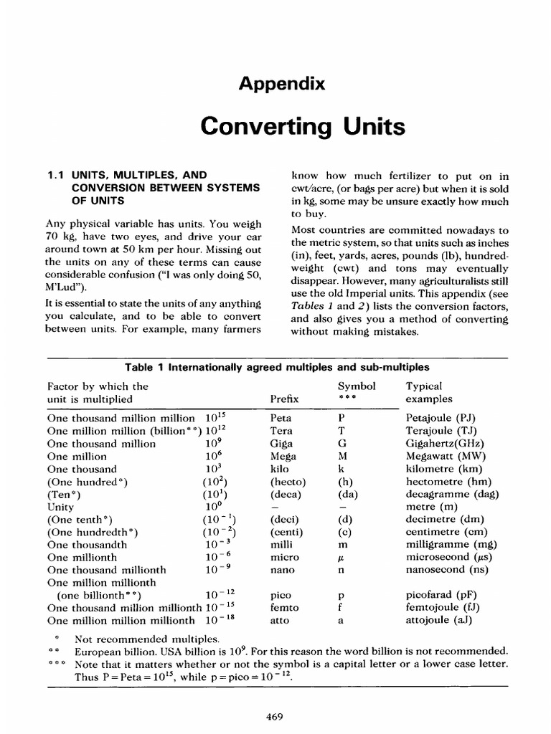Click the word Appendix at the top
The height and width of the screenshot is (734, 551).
[x=283, y=84]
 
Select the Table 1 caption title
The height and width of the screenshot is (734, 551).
[x=278, y=367]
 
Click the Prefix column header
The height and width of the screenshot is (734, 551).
[x=284, y=399]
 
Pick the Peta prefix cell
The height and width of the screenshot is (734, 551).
[x=281, y=418]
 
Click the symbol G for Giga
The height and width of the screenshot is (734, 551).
[x=342, y=444]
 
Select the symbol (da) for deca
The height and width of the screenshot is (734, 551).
[x=348, y=495]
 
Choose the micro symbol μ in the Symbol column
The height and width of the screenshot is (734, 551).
[x=342, y=558]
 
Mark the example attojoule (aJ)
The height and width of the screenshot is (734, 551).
[x=439, y=620]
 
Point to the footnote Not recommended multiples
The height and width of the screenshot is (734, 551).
[x=149, y=639]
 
